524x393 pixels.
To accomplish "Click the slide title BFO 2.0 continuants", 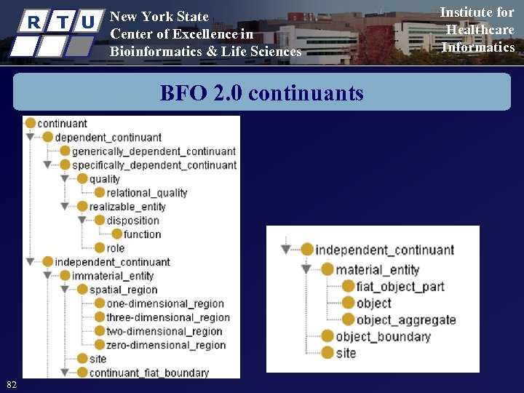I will coord(261,93).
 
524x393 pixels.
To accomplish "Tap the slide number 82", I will coord(11,384).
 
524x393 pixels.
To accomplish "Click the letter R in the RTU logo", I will coord(33,23).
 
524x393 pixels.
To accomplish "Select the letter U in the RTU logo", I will coord(88,23).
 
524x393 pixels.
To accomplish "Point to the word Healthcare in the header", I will coord(480,30).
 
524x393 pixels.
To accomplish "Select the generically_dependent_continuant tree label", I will coord(154,151).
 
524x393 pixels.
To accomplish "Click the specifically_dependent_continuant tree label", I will coord(154,165).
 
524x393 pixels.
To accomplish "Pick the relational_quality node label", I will coord(146,193).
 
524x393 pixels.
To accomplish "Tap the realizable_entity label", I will coord(127,207).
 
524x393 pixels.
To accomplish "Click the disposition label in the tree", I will coord(132,221).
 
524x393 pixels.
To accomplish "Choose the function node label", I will coord(142,234).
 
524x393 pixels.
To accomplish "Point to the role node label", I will coord(116,248).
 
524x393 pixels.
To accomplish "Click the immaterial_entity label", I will coord(113,276).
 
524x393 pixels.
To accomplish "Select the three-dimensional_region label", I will coord(167,317).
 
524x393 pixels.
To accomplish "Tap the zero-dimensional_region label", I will coord(166,345).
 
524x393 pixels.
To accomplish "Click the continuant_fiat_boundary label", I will coord(148,373).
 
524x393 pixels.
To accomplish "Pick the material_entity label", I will coord(377,270).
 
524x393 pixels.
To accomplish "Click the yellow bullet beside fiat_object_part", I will coord(348,287).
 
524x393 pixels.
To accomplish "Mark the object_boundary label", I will coord(383,336).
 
